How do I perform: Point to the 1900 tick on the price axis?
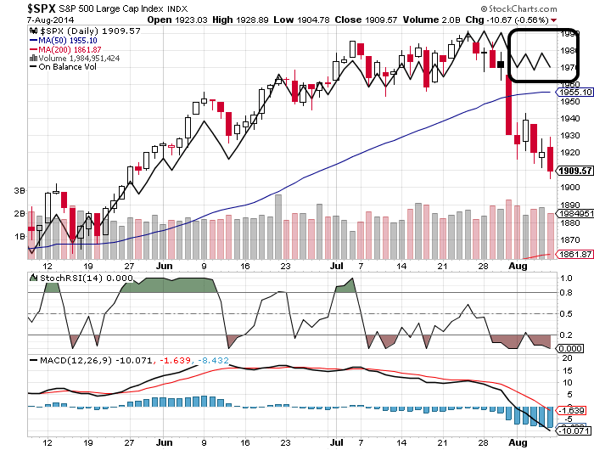point(569,188)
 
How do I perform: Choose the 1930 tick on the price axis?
point(569,136)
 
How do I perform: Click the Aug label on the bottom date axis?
point(518,442)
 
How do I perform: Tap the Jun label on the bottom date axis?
point(165,442)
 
